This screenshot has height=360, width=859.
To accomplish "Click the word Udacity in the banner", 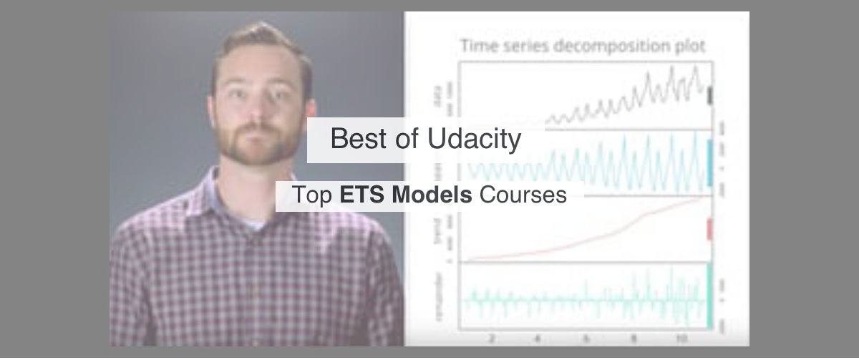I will (x=475, y=139).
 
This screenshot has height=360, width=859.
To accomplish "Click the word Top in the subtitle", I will (x=312, y=195).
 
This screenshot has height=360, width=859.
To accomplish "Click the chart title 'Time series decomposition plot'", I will (x=582, y=47).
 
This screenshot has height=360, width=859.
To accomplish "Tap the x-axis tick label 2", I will (x=491, y=339).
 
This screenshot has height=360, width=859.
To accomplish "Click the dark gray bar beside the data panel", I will (x=709, y=96).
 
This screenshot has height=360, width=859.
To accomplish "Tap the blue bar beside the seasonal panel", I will (x=709, y=162).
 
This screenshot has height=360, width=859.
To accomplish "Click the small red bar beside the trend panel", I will (x=709, y=229).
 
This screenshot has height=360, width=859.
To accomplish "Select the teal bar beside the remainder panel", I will (x=709, y=293).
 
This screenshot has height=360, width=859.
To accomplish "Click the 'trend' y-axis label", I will (x=438, y=230).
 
